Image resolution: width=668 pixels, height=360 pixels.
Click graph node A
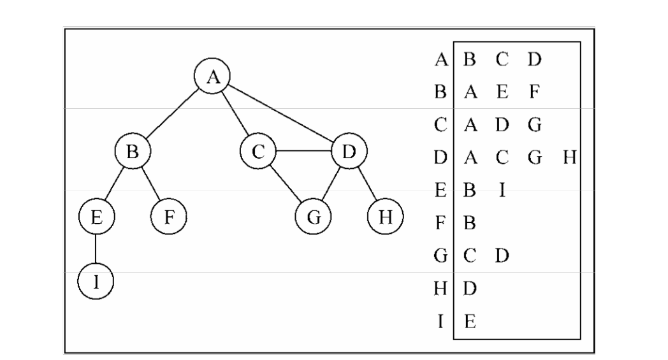tap(213, 77)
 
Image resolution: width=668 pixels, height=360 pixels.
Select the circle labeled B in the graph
tap(133, 152)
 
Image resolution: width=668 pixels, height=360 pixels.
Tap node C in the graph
tap(258, 152)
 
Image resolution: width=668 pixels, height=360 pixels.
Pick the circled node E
tap(96, 217)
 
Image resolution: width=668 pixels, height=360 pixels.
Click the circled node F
tap(168, 217)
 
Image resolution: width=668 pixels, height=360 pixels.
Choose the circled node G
tap(313, 217)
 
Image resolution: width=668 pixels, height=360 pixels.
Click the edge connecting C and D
tap(303, 152)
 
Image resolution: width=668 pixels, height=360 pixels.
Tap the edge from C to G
tap(285, 185)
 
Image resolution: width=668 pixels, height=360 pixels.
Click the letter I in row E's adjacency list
tap(502, 190)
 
